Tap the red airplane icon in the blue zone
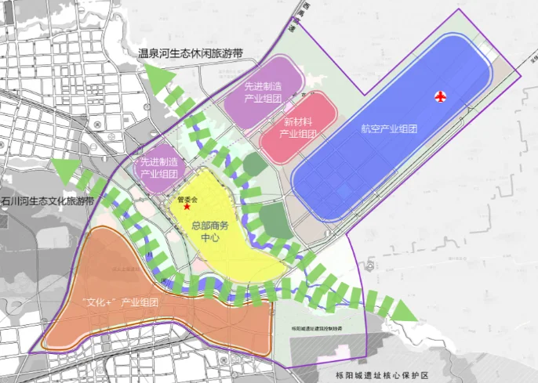[441, 96]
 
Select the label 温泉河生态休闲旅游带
[191, 53]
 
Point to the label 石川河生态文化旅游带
[48, 201]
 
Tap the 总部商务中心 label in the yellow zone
[210, 232]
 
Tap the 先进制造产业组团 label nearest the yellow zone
[159, 168]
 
